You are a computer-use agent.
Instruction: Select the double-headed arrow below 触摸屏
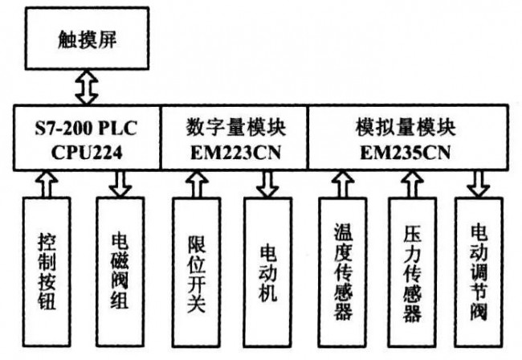pyautogui.click(x=87, y=86)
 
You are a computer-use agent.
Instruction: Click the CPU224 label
pyautogui.click(x=86, y=152)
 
